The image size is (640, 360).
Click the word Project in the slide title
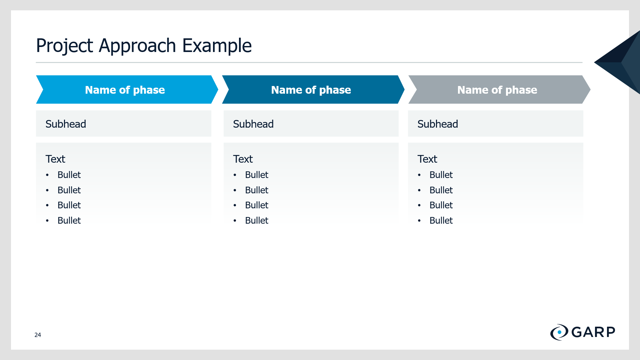[64, 46]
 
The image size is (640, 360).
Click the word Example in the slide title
[217, 45]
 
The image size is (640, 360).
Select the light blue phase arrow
[127, 89]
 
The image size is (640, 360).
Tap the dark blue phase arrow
[313, 89]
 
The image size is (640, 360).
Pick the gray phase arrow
[499, 89]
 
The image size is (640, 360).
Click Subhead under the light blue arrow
[66, 124]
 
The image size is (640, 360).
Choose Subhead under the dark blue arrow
[253, 124]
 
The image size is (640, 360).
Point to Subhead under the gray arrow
[438, 124]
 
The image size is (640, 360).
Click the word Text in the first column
[55, 159]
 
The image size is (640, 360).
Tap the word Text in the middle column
[243, 159]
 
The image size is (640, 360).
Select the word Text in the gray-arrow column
[427, 159]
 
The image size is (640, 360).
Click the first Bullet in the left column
[69, 175]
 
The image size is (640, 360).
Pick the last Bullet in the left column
[69, 220]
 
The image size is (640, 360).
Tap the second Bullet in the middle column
[257, 190]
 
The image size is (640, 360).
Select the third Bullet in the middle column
[257, 205]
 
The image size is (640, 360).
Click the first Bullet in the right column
[441, 175]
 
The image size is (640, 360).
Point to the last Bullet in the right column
[441, 220]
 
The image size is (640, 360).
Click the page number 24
[38, 335]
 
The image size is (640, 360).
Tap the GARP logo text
[593, 332]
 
